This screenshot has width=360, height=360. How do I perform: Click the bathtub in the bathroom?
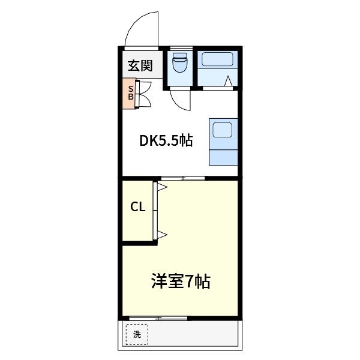[217, 60]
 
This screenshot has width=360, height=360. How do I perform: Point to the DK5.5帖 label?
[166, 141]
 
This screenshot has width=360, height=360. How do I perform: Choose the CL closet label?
[138, 208]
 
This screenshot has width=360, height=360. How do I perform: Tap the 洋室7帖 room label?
[180, 281]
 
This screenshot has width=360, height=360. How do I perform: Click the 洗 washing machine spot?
[137, 334]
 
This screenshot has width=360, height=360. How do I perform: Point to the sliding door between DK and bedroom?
[182, 178]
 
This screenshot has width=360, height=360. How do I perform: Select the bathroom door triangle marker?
[229, 82]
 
